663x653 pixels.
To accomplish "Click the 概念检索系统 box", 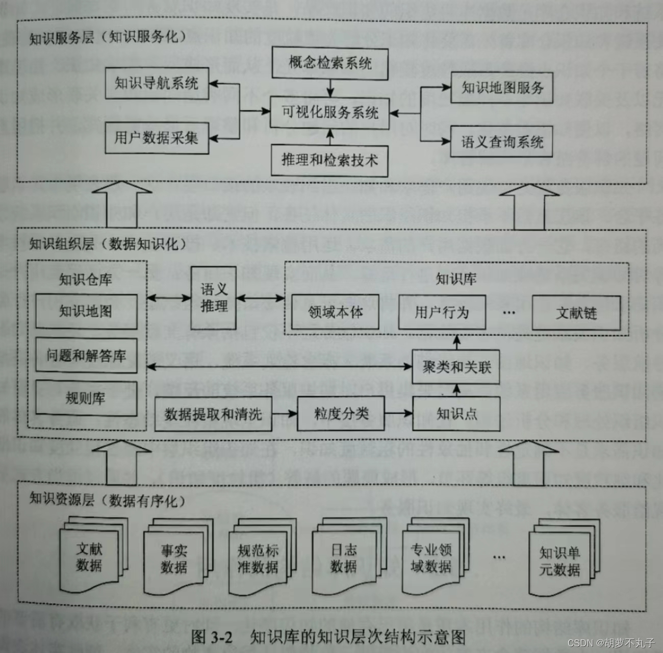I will click(329, 63).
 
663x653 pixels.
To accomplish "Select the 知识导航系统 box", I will click(157, 84).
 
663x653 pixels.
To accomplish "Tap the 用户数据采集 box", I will click(157, 138).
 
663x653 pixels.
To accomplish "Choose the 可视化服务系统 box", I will click(329, 112).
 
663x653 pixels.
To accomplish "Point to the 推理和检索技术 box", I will click(329, 160).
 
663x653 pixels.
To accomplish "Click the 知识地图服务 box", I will click(502, 88).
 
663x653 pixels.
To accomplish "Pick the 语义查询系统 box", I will click(502, 142).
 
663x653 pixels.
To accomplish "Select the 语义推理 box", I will click(214, 298).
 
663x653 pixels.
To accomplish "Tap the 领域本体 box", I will click(335, 312).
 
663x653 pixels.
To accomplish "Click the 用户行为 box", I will click(441, 312).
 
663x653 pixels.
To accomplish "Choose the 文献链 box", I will click(576, 313).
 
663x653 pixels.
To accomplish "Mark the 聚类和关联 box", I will click(456, 366).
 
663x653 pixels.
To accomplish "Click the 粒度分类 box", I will click(341, 414).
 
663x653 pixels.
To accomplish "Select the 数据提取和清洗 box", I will click(213, 414).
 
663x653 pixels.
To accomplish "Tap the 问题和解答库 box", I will click(86, 355).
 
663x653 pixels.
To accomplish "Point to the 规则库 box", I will click(86, 398).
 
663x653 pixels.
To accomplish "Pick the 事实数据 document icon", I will click(174, 559).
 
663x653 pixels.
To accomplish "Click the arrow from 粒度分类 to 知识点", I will click(398, 414).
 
